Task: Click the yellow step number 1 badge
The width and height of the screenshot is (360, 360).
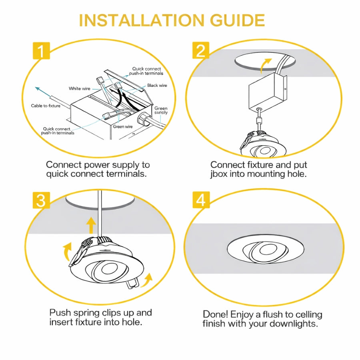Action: tap(41, 51)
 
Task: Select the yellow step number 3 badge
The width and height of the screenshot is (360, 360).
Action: tap(41, 200)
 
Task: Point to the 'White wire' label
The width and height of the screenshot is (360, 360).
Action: tap(80, 88)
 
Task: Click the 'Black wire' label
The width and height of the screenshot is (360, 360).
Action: tap(157, 86)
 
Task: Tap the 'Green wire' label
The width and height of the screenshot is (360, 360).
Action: tap(123, 127)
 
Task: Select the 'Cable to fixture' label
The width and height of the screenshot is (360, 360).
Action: tap(46, 106)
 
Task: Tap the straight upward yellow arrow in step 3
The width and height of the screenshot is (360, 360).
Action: tap(92, 226)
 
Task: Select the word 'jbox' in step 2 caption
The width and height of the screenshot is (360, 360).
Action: tap(220, 174)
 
